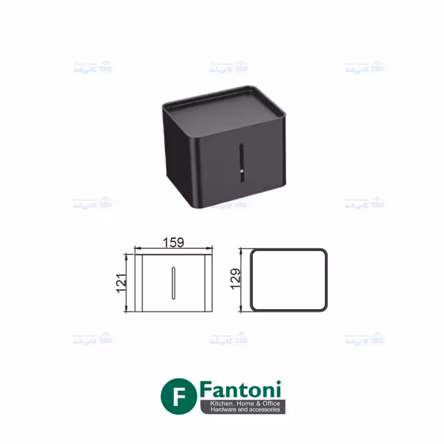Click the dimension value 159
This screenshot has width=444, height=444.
(173, 242)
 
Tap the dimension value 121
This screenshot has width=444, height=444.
(121, 282)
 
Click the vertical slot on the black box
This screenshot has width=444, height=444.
(240, 164)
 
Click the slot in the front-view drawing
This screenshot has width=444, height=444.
(173, 282)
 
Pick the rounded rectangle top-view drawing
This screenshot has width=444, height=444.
(289, 280)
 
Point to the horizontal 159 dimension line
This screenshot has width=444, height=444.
(173, 249)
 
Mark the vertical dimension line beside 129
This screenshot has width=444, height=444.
(243, 279)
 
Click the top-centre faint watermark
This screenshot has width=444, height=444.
(228, 67)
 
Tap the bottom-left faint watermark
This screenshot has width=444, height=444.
(93, 339)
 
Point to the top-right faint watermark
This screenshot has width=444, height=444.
(365, 67)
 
